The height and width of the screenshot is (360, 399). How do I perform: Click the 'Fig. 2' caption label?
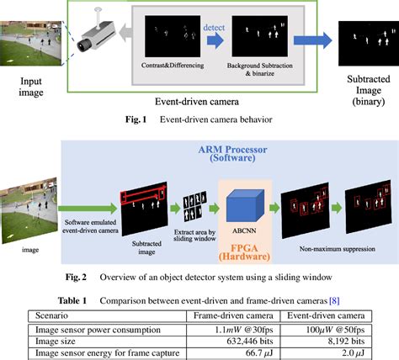point(84,277)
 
